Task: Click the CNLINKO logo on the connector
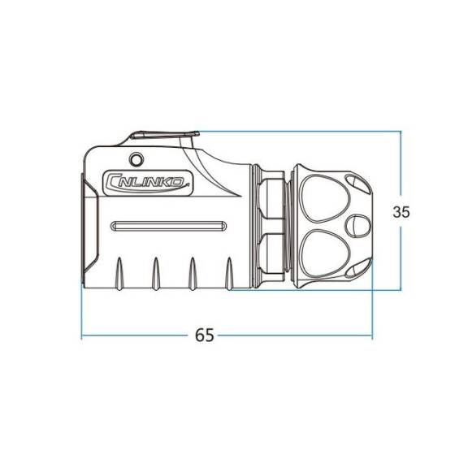[x=148, y=182]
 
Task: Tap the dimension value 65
[x=205, y=336]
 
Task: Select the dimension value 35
[x=401, y=212]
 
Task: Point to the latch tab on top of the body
[x=162, y=137]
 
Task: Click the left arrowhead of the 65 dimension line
[x=84, y=336]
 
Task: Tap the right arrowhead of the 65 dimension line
[x=370, y=336]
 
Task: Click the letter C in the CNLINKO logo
[x=113, y=183]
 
